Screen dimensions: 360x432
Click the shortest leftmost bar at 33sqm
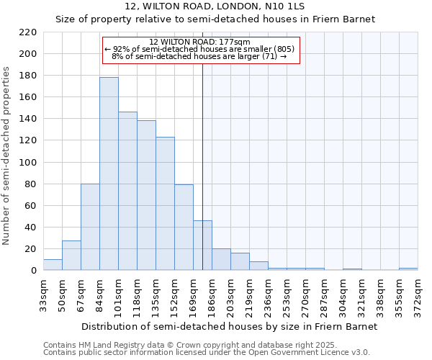tap(53, 265)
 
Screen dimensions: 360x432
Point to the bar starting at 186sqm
tap(221, 260)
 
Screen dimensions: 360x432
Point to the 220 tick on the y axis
tap(28, 32)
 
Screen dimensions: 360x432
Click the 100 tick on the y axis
tap(28, 163)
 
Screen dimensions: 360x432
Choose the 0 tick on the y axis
tap(34, 271)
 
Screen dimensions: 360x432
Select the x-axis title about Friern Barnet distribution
tap(229, 326)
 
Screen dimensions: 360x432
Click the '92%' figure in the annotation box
tap(122, 49)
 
